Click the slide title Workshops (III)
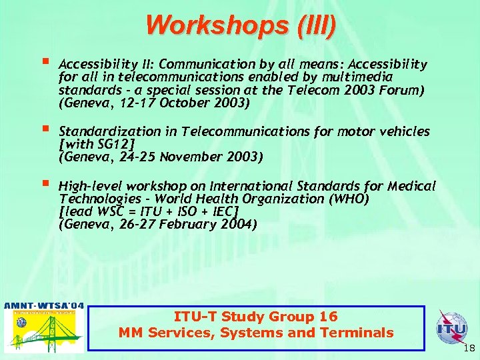click(x=241, y=25)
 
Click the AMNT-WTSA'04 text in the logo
click(x=44, y=307)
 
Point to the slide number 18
click(x=468, y=348)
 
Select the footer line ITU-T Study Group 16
click(x=256, y=317)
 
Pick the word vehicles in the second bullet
click(x=403, y=131)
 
